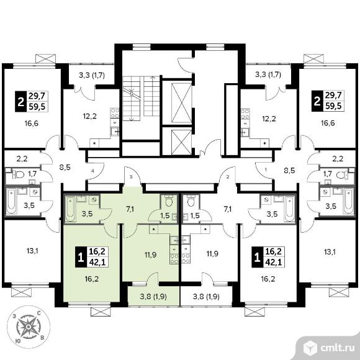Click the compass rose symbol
28,327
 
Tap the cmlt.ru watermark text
337,348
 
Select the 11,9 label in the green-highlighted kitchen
150,254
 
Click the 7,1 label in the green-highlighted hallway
130,209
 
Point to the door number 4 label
92,171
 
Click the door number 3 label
131,176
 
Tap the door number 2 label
228,177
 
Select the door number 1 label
266,170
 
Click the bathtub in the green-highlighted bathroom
70,209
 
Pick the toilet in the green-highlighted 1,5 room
169,201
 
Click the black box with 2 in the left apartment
21,101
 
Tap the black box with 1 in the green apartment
81,257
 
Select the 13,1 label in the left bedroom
32,251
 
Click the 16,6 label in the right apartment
328,123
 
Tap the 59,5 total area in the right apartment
333,106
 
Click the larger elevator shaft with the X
181,103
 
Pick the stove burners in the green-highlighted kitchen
174,259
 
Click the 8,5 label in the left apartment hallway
65,167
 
